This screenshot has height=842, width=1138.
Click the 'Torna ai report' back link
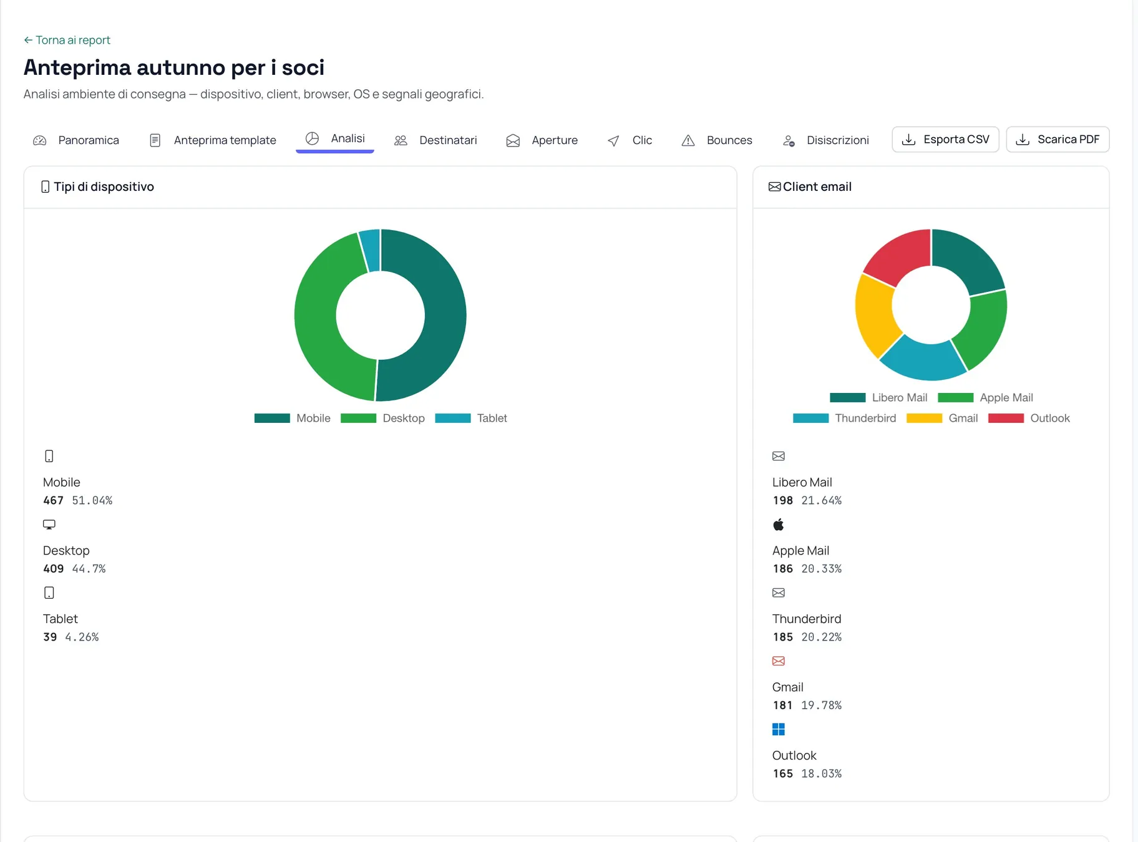(x=67, y=40)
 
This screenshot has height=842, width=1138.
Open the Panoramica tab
(x=76, y=140)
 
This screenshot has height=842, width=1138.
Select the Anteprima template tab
(x=213, y=140)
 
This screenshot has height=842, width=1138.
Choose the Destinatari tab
(x=435, y=140)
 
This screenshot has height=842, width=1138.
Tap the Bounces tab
(x=717, y=140)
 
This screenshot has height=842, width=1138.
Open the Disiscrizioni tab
(x=825, y=140)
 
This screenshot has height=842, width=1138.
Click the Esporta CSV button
(x=945, y=139)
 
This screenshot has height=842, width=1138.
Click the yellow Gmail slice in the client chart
(x=875, y=315)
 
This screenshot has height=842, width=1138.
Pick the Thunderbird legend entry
(x=844, y=418)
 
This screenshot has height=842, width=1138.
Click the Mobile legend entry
(x=292, y=418)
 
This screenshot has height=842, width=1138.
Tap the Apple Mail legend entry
(x=985, y=397)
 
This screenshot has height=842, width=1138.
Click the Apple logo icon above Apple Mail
(x=778, y=525)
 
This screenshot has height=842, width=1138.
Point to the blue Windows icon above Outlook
(x=778, y=729)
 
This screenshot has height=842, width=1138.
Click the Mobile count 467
(x=53, y=500)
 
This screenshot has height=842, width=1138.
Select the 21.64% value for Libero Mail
(x=821, y=500)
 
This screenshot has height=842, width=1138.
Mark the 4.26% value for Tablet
(x=82, y=637)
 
